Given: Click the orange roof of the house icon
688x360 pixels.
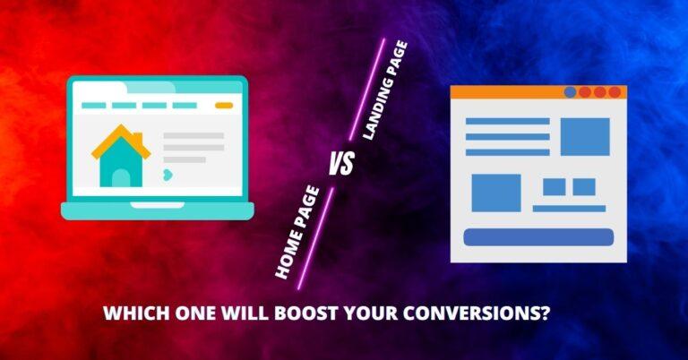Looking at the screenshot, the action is click(121, 141).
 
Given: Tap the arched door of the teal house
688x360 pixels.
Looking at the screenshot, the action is click(121, 178).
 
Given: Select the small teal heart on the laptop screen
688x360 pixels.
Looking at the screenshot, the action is click(168, 175).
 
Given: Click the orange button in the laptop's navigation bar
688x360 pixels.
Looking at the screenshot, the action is click(224, 106).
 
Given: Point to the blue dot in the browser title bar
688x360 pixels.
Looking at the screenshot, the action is click(570, 92).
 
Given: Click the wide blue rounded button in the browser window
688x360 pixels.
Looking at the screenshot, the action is click(538, 237).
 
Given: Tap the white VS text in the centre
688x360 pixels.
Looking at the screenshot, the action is click(341, 164).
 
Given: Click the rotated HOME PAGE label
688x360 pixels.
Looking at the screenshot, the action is click(297, 232).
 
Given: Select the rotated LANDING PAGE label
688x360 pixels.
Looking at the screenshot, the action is click(385, 90).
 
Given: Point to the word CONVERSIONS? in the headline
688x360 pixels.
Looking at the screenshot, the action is click(476, 313).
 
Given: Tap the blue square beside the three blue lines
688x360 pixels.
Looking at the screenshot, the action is click(585, 136).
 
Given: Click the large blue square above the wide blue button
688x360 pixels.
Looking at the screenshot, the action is click(496, 193).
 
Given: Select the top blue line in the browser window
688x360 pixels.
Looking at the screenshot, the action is click(508, 121).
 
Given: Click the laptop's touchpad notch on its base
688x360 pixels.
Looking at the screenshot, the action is click(158, 205).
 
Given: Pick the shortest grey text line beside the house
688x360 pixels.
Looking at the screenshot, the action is click(185, 159).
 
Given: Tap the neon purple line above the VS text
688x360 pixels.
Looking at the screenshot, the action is click(366, 90).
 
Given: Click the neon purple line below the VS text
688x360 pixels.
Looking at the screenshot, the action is click(315, 238).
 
